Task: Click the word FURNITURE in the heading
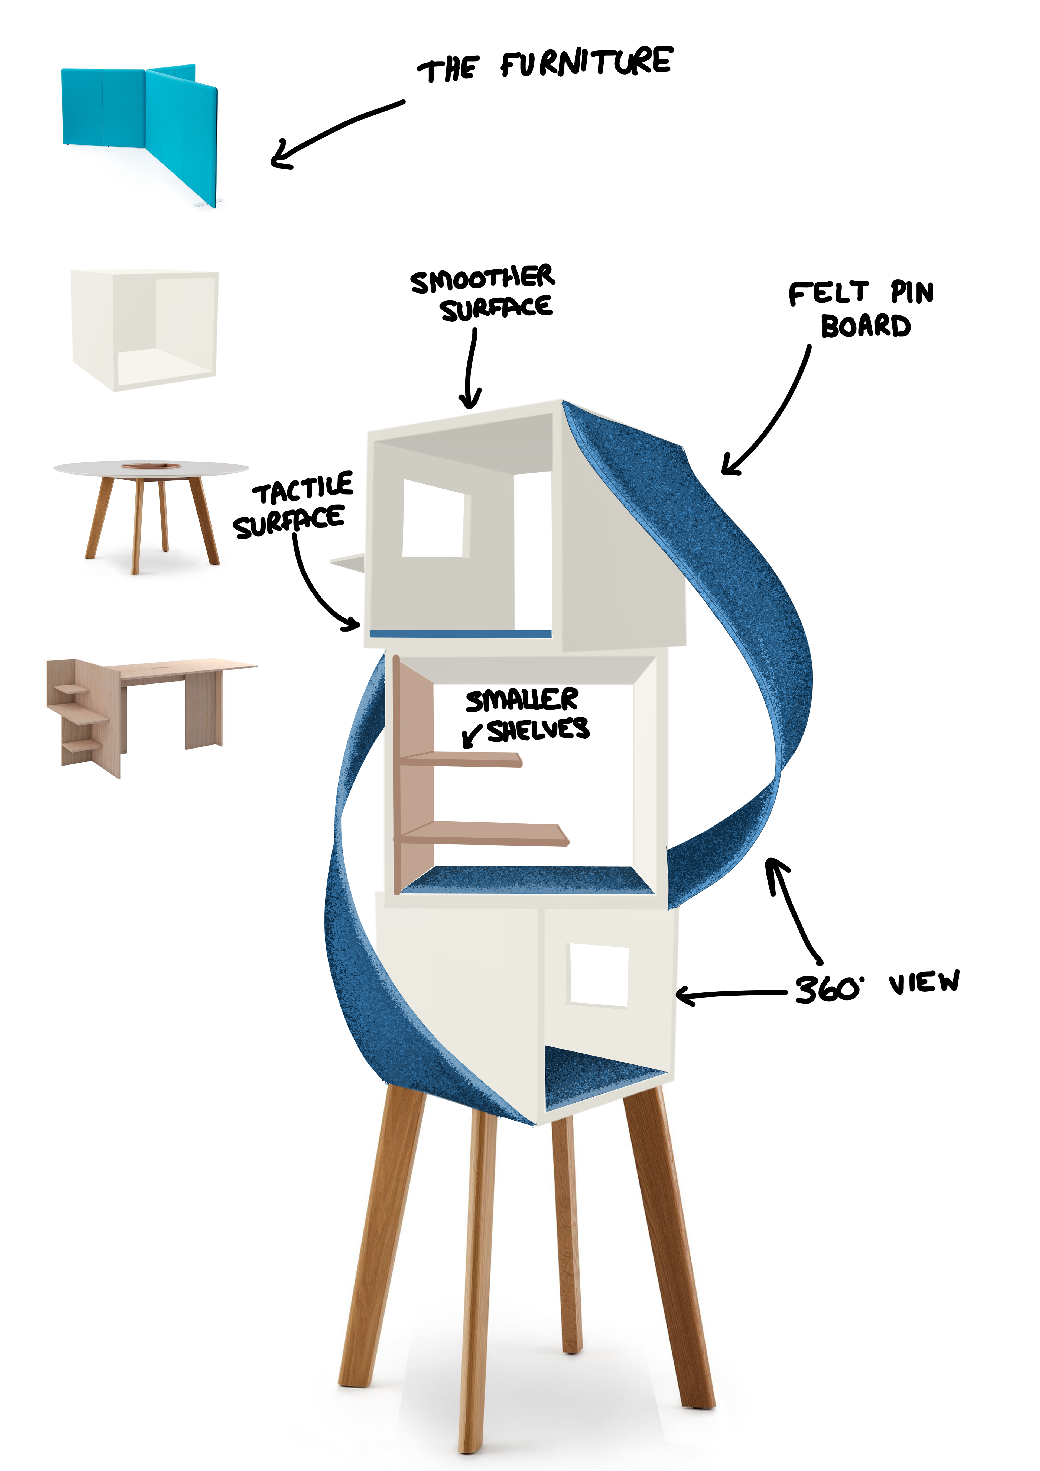586,62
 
